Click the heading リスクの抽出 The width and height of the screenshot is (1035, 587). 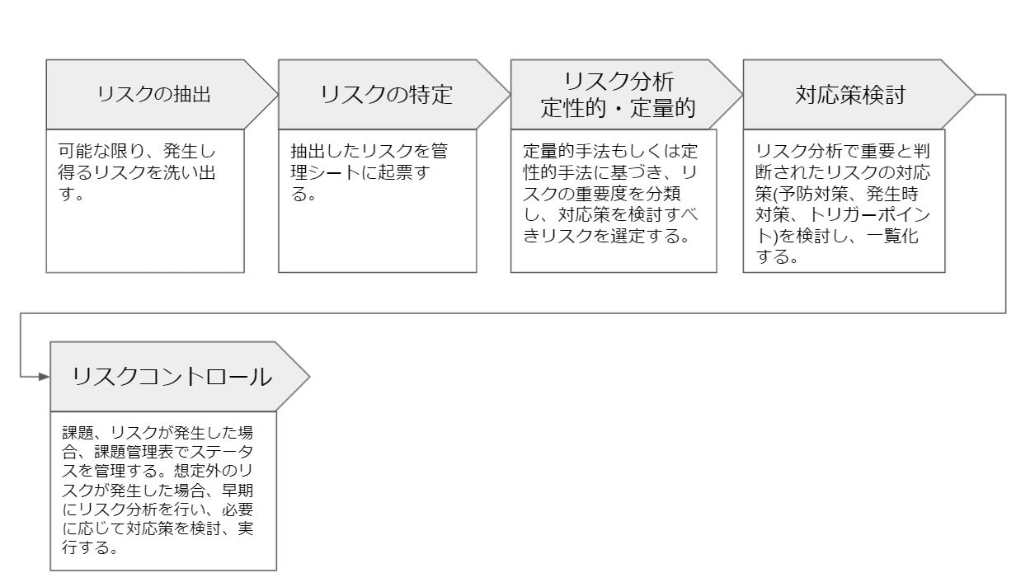[153, 94]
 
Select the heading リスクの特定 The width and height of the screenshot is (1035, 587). [386, 94]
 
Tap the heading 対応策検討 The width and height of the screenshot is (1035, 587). [850, 94]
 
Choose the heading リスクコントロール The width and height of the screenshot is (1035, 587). [172, 377]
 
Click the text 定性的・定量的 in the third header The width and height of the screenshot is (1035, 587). [619, 108]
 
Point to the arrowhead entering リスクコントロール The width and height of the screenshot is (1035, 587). [44, 377]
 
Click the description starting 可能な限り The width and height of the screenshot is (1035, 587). [137, 171]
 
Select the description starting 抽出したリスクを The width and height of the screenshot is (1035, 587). [369, 171]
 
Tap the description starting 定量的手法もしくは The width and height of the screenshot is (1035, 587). [610, 193]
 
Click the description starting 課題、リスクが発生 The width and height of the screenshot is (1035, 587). [158, 490]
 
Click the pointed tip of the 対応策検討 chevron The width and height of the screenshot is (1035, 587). [975, 95]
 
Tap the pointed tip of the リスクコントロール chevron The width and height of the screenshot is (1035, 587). [309, 377]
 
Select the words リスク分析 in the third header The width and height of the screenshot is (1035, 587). [619, 82]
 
